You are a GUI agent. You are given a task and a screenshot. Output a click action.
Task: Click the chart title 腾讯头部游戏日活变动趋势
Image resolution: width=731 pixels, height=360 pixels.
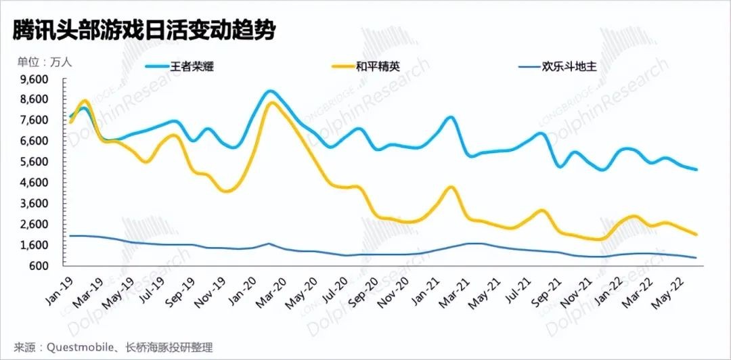pyautogui.click(x=143, y=29)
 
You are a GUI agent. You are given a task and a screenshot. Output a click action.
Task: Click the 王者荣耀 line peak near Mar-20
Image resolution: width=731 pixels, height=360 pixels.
pyautogui.click(x=270, y=91)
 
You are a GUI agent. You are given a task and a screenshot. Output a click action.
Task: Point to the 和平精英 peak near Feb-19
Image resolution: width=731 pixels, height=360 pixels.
pyautogui.click(x=85, y=101)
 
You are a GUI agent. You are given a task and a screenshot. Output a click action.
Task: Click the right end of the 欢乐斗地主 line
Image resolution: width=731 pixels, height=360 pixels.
pyautogui.click(x=696, y=257)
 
